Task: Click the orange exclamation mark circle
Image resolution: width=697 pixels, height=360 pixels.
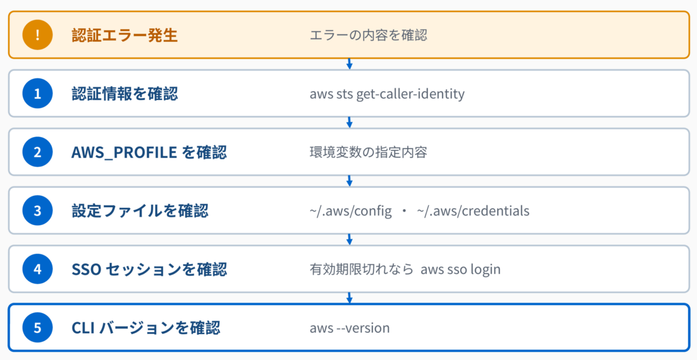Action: pos(37,35)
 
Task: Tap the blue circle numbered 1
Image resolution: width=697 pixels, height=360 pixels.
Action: pos(37,93)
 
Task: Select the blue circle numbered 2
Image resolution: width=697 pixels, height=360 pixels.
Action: pos(37,152)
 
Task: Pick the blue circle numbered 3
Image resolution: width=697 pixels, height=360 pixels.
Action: pos(37,210)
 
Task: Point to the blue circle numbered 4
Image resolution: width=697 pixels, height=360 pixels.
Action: pos(37,269)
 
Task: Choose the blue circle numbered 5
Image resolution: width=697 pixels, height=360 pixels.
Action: pos(37,327)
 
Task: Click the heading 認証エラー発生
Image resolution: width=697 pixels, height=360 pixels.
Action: pos(124,35)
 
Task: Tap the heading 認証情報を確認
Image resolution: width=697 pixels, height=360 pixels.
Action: pos(124,93)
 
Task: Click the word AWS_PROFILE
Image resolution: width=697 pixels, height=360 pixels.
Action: pos(124,153)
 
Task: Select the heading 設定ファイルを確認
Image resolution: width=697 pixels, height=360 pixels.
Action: pos(140,211)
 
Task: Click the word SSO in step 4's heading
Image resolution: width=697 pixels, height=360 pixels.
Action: pos(86,269)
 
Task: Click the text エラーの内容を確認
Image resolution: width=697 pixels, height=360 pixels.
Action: pos(368,35)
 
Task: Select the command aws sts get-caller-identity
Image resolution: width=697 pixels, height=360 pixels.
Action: pos(387,94)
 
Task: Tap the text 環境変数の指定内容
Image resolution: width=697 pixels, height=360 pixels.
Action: pos(368,152)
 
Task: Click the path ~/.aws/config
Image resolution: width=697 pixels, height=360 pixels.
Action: pos(351,211)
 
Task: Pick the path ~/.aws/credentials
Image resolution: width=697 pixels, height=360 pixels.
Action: pos(473,211)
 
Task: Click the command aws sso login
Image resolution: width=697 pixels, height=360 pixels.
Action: pos(461,269)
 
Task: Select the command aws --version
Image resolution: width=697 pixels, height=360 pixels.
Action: pos(350,328)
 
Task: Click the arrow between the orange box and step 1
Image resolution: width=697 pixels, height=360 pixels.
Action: pos(350,64)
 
